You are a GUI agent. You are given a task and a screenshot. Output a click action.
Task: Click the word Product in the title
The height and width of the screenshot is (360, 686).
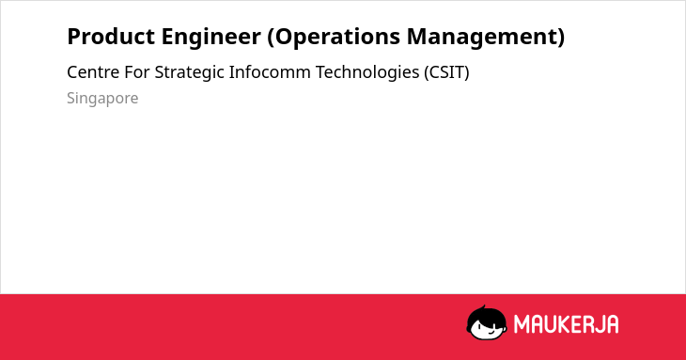[x=111, y=37]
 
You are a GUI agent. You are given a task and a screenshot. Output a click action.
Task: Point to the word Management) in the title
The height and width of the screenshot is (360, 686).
[x=486, y=38]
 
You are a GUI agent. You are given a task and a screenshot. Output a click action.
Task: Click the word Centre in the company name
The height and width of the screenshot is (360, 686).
[x=93, y=72]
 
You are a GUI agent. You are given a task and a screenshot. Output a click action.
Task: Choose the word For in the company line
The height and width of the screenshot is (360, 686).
[x=137, y=72]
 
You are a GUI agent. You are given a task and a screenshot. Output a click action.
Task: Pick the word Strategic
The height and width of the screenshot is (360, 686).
[x=190, y=73]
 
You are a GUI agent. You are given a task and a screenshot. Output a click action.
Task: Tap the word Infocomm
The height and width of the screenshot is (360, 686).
[x=270, y=72]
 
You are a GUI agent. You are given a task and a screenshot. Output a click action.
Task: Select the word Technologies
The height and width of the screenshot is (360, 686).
[x=367, y=73]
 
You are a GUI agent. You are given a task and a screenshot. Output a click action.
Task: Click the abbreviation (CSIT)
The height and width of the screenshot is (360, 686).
[x=446, y=73]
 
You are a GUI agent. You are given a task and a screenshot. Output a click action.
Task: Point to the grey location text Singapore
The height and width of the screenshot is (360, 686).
[x=102, y=99]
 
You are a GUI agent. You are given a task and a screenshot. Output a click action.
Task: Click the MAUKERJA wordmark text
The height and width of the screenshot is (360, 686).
[x=566, y=324]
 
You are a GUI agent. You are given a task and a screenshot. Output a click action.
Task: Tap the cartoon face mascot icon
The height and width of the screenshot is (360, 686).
[x=487, y=323]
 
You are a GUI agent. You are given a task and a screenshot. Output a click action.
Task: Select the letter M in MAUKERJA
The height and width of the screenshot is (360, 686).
[x=522, y=324]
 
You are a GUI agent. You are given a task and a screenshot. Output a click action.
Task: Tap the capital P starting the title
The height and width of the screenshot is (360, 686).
[x=73, y=37]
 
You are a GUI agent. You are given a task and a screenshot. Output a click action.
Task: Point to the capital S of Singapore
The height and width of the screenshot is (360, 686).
[x=71, y=98]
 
